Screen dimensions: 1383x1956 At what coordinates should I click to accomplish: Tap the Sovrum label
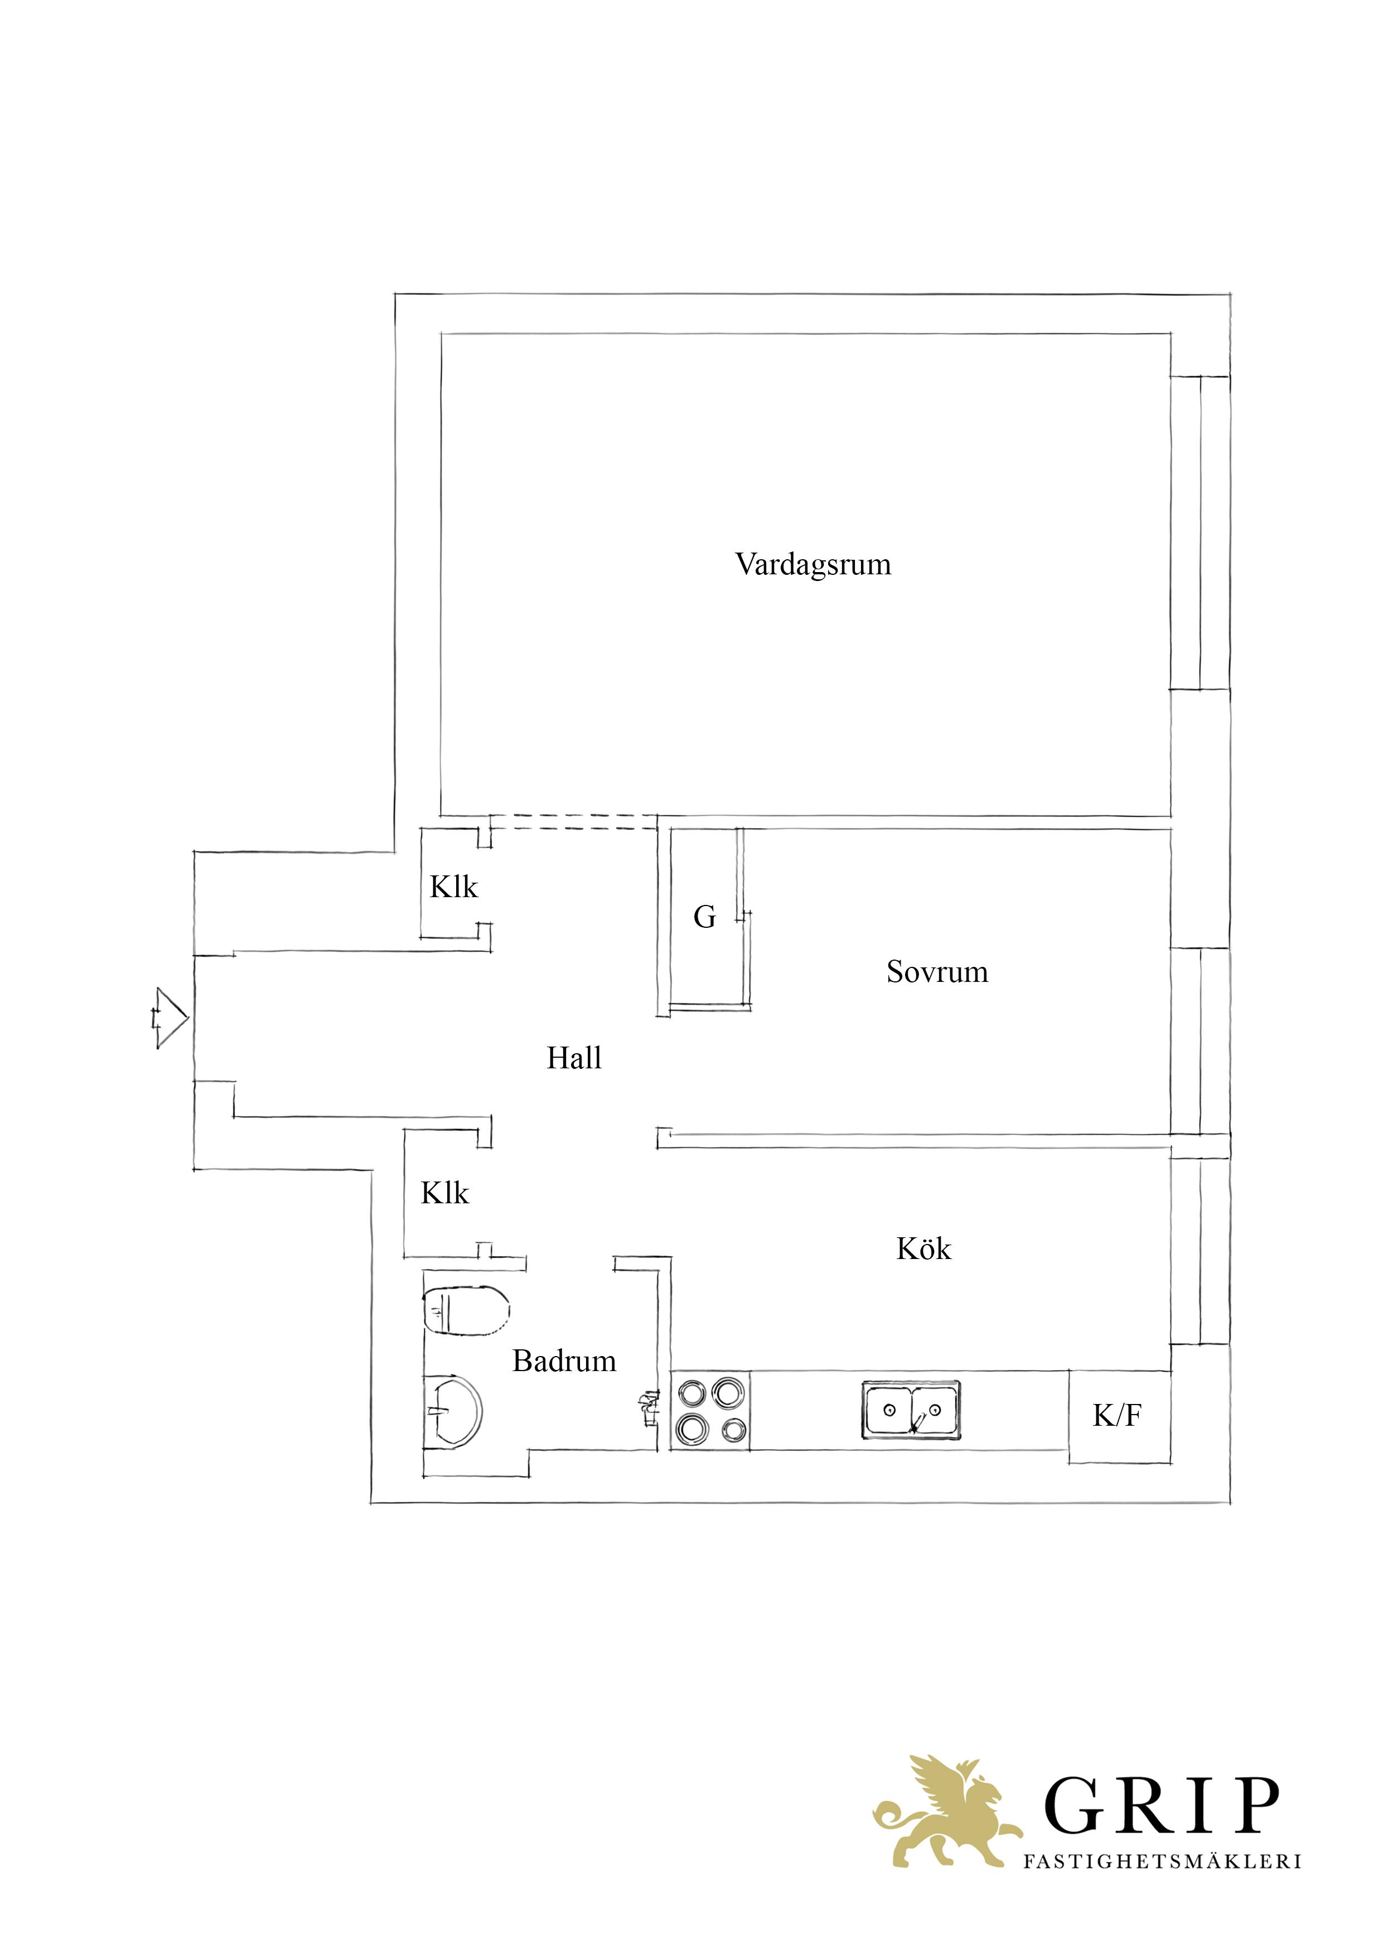point(937,971)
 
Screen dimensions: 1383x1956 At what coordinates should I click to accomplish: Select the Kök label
point(923,1249)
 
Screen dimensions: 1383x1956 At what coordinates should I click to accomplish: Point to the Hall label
point(574,1058)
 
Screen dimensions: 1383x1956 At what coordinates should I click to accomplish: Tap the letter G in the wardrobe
point(705,917)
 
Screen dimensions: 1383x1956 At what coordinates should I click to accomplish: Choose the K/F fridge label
point(1117,1416)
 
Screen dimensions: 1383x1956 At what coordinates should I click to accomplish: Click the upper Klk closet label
point(453,887)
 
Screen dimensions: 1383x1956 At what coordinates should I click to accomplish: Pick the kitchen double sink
point(911,1411)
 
